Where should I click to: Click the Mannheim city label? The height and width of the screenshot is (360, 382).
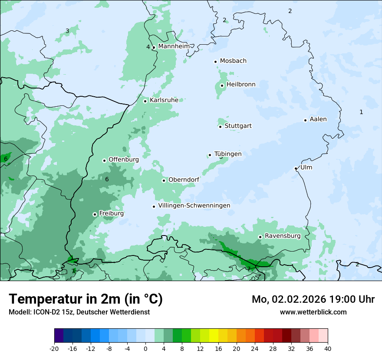pyautogui.click(x=174, y=46)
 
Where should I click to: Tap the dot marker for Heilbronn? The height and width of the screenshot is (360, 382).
pyautogui.click(x=222, y=85)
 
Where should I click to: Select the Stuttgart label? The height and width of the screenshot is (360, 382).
pyautogui.click(x=238, y=126)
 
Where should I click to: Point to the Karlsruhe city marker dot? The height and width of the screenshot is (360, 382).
pyautogui.click(x=145, y=101)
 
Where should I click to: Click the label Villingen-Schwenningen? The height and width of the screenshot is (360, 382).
pyautogui.click(x=194, y=205)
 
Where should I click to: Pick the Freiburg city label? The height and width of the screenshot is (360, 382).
pyautogui.click(x=111, y=213)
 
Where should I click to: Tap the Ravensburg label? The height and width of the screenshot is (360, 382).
pyautogui.click(x=283, y=236)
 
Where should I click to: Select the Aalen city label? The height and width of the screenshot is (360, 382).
pyautogui.click(x=318, y=119)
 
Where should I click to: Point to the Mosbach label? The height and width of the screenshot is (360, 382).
pyautogui.click(x=233, y=61)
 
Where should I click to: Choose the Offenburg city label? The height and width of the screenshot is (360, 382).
pyautogui.click(x=124, y=159)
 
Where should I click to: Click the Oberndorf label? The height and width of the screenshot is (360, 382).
pyautogui.click(x=184, y=180)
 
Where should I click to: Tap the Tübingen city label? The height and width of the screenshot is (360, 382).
pyautogui.click(x=228, y=154)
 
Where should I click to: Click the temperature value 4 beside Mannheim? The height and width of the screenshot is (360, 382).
pyautogui.click(x=148, y=47)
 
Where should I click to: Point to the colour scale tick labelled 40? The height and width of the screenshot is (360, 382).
pyautogui.click(x=327, y=348)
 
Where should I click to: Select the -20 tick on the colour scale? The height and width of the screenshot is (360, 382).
pyautogui.click(x=54, y=348)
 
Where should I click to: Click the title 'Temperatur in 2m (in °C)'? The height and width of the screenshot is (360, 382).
pyautogui.click(x=86, y=299)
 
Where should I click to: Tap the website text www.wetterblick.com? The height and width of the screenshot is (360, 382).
pyautogui.click(x=313, y=312)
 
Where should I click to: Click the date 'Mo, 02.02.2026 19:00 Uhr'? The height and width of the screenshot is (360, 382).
pyautogui.click(x=313, y=299)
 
